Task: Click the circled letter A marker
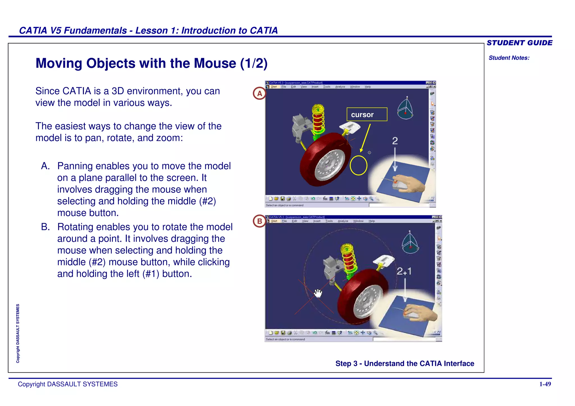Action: [259, 94]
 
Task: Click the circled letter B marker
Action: [259, 221]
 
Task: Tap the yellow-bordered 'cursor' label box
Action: [367, 114]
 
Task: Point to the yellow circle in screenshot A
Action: [358, 165]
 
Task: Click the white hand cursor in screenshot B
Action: [318, 293]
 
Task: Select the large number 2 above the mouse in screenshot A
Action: [395, 141]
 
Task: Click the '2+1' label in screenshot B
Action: [404, 271]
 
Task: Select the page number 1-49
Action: [545, 384]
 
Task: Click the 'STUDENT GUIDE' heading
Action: [519, 43]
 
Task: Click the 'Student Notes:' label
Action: [509, 58]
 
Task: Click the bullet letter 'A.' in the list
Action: [45, 166]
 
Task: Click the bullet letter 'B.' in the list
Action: [45, 227]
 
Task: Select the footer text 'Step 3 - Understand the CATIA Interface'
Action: [405, 363]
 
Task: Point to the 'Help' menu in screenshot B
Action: [372, 221]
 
